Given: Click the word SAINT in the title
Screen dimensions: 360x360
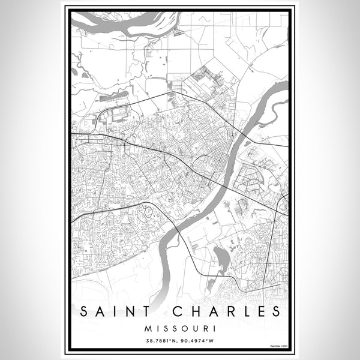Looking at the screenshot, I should [x=116, y=312].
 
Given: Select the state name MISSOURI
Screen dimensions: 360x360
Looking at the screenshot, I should [x=179, y=329].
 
